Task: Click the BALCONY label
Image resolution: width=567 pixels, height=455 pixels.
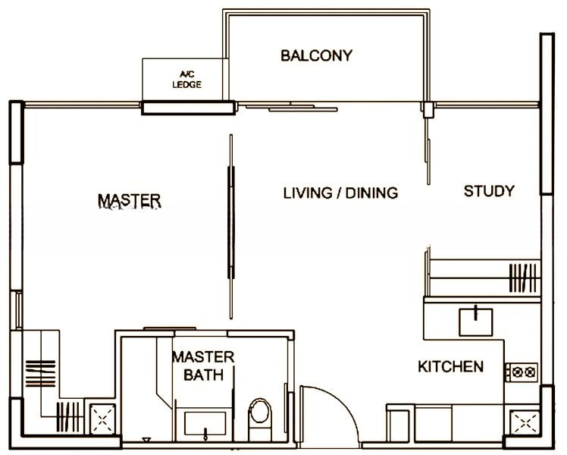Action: [x=316, y=55]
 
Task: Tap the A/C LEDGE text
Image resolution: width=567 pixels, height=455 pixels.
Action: [x=187, y=80]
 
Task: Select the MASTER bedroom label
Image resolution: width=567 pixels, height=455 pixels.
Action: [x=130, y=201]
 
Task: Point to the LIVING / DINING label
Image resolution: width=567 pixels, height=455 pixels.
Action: [x=340, y=193]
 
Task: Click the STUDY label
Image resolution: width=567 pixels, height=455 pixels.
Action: [x=489, y=191]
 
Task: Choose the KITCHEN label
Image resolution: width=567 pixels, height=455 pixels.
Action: [x=450, y=367]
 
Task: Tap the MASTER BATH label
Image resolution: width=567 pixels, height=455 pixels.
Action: [x=203, y=366]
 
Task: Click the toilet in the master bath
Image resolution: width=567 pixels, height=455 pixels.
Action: [x=260, y=419]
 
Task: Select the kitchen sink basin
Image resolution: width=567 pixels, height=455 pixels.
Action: [x=475, y=322]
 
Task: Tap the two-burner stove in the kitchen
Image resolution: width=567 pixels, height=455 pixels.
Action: [x=522, y=372]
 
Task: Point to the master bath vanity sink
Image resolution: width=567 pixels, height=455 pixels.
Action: [x=205, y=424]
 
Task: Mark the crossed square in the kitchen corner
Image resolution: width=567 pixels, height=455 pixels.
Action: [x=525, y=422]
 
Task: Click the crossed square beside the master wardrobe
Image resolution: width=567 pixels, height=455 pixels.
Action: [x=102, y=419]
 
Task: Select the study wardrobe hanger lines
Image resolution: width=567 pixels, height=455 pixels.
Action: [x=523, y=278]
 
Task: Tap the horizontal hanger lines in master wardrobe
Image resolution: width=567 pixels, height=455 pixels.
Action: [x=40, y=373]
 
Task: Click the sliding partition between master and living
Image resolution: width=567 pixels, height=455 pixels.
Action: [x=231, y=227]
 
